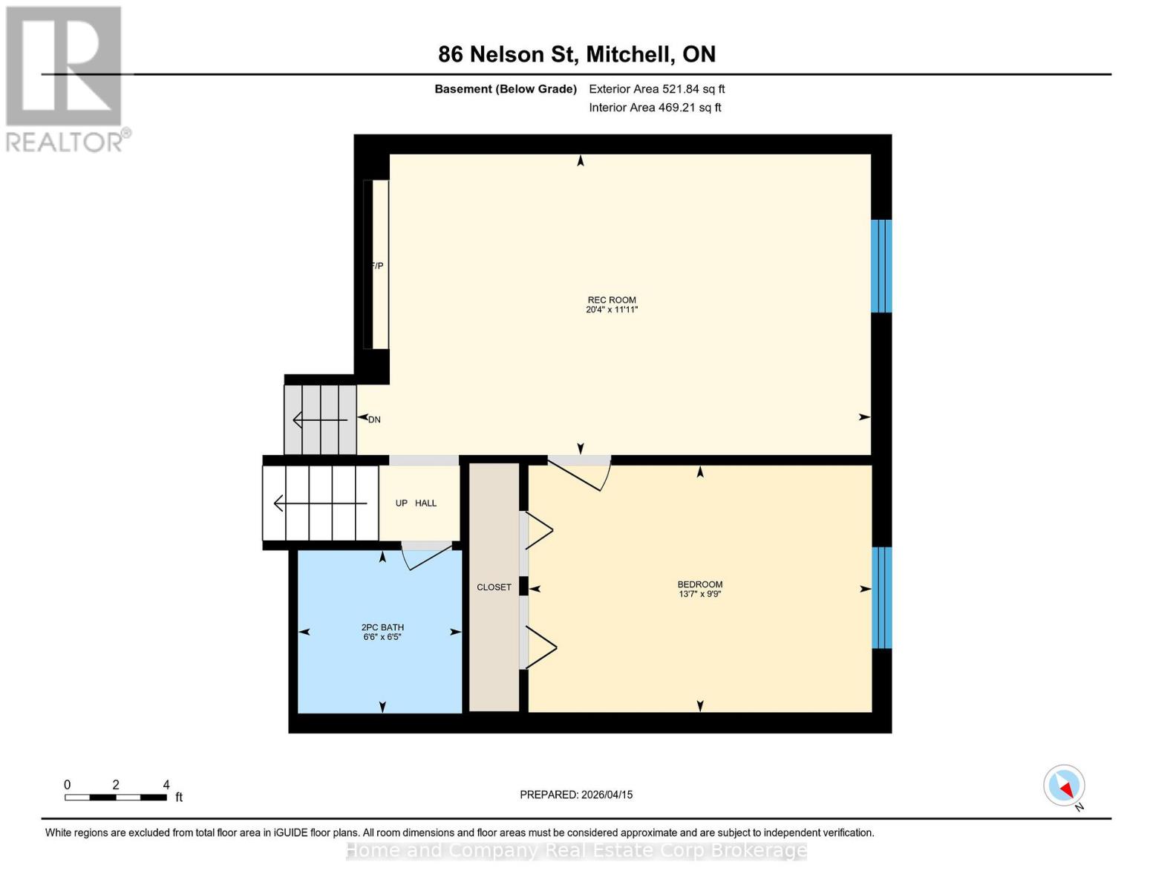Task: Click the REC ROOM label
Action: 612,300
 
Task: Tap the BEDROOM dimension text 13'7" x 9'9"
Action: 699,594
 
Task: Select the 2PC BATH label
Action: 382,627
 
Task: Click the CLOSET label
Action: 494,587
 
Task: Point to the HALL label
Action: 425,503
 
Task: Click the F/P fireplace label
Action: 377,266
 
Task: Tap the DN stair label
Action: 374,420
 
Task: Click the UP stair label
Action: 402,503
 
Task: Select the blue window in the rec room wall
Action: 881,266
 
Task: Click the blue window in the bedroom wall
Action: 881,598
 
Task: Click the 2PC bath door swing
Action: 428,556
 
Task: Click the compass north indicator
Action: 1065,786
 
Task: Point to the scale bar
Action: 115,797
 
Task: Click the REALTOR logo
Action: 65,79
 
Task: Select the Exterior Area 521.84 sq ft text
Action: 656,89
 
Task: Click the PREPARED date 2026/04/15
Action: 576,794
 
